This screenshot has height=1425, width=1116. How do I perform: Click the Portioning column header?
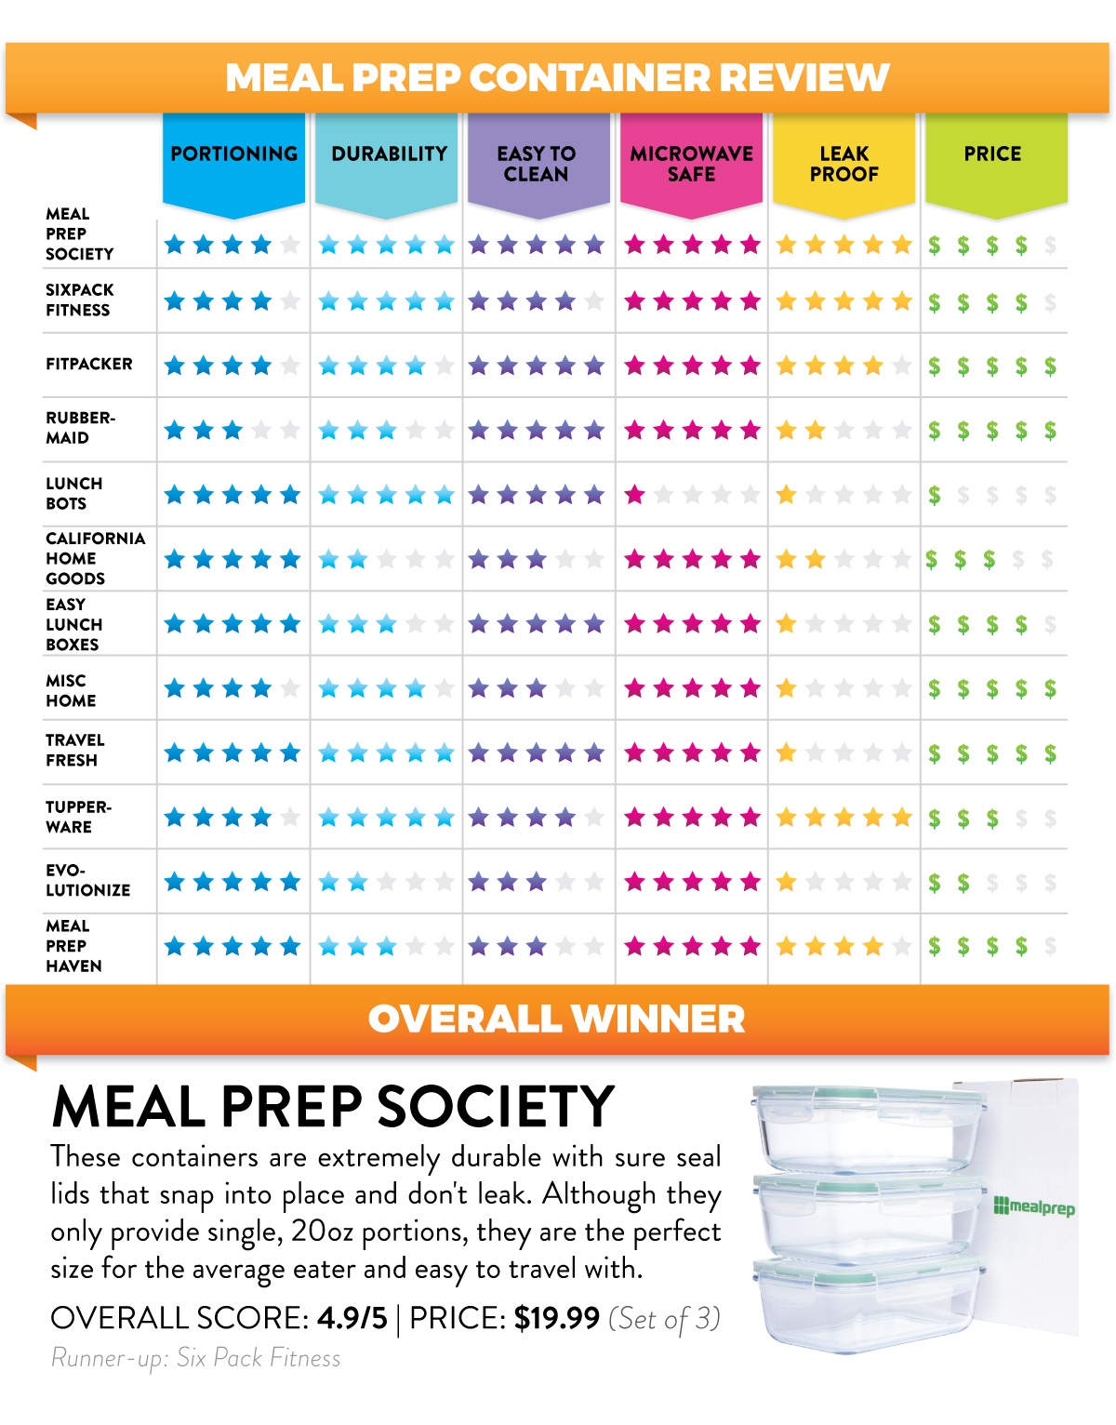pyautogui.click(x=233, y=154)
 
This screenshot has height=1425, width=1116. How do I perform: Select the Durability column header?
pyautogui.click(x=389, y=154)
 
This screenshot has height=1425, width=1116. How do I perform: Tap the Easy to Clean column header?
pyautogui.click(x=537, y=164)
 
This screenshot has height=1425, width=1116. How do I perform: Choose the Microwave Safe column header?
pyautogui.click(x=691, y=164)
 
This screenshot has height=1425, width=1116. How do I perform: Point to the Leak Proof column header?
pyautogui.click(x=844, y=164)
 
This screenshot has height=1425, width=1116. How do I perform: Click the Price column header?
pyautogui.click(x=992, y=154)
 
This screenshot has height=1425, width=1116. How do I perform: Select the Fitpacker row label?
pyautogui.click(x=89, y=365)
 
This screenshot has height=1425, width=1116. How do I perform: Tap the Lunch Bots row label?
pyautogui.click(x=73, y=494)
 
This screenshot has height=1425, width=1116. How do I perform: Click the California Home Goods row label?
pyautogui.click(x=95, y=558)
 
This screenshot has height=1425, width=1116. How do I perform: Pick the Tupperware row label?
pyautogui.click(x=78, y=817)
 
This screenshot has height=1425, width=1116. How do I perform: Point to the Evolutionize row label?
pyautogui.click(x=87, y=880)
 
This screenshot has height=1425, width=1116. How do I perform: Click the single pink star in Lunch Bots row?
pyautogui.click(x=635, y=495)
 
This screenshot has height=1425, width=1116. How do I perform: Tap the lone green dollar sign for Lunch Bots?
pyautogui.click(x=934, y=496)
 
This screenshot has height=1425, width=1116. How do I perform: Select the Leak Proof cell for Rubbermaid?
pyautogui.click(x=844, y=431)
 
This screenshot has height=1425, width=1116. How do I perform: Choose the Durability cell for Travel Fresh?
pyautogui.click(x=386, y=753)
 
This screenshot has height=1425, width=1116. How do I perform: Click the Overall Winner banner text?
pyautogui.click(x=557, y=1019)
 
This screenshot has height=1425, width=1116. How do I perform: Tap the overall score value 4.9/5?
pyautogui.click(x=352, y=1318)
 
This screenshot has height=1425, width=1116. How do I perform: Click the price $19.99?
pyautogui.click(x=556, y=1318)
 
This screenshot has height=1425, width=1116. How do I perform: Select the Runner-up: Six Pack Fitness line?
pyautogui.click(x=196, y=1358)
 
